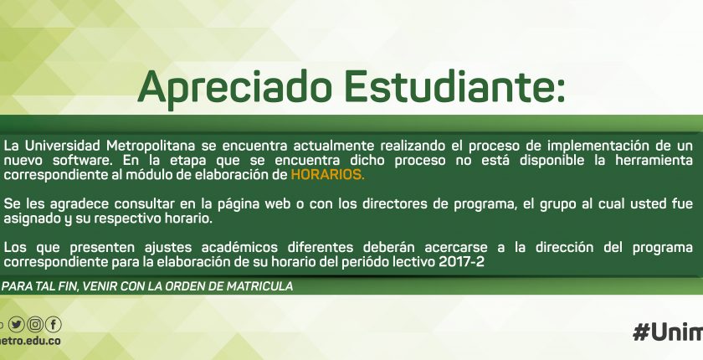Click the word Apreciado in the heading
(x=234, y=88)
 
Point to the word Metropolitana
(x=151, y=146)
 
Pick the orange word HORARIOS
(x=327, y=175)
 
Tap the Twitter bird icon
(x=17, y=324)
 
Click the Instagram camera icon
(x=35, y=324)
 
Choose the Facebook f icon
(x=54, y=324)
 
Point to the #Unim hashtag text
(x=668, y=332)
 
